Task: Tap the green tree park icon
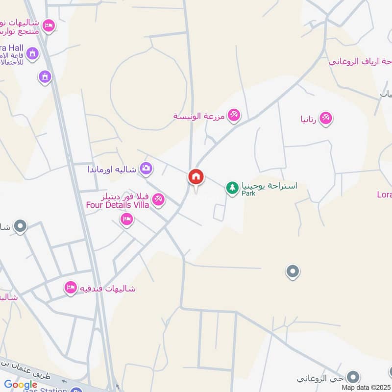pos(232,187)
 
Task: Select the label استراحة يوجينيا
pos(269,186)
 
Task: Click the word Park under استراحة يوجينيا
pos(248,194)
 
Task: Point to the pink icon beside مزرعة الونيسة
pos(234,115)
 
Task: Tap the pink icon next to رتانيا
pos(325,118)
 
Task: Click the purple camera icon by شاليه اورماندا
pos(146,169)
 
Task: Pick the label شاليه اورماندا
pos(112,170)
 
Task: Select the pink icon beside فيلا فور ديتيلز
pos(158,199)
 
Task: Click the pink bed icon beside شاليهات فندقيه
pos(71,288)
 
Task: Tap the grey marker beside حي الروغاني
pos(352,376)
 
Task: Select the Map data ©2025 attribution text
pos(366,387)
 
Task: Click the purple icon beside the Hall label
pos(32,53)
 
